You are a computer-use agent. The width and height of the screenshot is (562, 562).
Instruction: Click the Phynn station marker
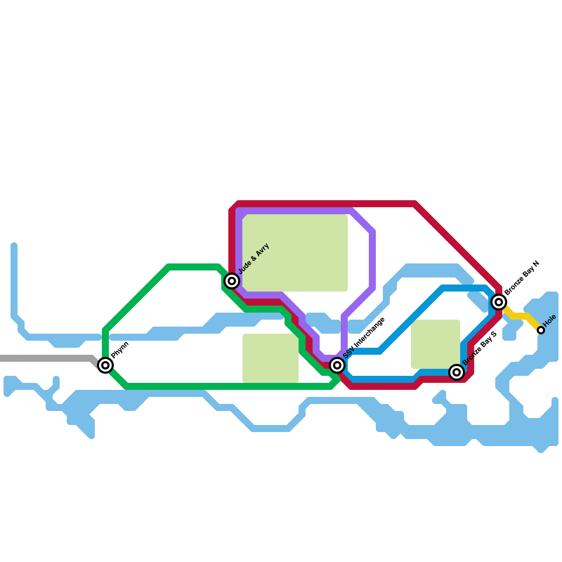[x=105, y=365]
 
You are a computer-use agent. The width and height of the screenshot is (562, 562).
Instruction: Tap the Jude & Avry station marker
[x=232, y=281]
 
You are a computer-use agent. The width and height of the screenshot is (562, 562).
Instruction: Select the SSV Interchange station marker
[x=337, y=365]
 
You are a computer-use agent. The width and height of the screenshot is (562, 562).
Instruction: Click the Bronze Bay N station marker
[x=499, y=302]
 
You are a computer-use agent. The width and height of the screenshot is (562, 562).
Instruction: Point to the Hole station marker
[x=541, y=330]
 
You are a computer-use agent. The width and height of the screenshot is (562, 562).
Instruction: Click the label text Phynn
[x=120, y=350]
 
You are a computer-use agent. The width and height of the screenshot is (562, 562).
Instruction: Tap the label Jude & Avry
[x=254, y=259]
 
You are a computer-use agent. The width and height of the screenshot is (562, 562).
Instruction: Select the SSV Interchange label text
[x=364, y=338]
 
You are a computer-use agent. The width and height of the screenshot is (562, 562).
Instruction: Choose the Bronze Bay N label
[x=522, y=278]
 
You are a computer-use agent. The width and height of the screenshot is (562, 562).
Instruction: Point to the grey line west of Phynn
[x=46, y=358]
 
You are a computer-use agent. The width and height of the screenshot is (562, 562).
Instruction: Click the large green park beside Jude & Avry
[x=295, y=253]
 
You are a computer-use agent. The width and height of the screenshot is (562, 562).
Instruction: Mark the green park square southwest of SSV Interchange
[x=270, y=358]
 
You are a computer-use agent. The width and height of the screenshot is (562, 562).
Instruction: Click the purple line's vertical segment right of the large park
[x=372, y=260]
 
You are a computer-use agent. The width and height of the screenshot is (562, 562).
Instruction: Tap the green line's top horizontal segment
[x=193, y=267]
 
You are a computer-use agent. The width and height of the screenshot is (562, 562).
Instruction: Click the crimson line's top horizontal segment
[x=327, y=204]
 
